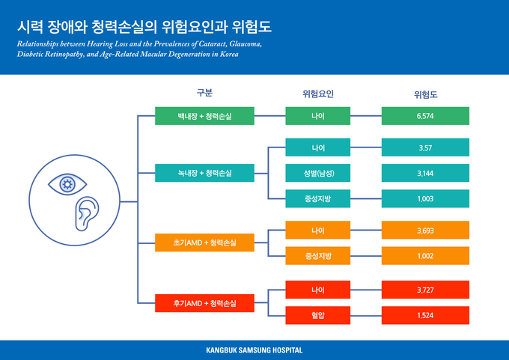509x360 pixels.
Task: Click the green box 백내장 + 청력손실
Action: point(204,116)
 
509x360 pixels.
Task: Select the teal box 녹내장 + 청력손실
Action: point(204,173)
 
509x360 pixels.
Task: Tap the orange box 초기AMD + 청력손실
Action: point(204,242)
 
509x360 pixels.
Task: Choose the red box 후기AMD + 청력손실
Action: point(204,303)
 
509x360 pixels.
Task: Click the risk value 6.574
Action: point(425,116)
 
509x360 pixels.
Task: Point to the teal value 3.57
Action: point(425,147)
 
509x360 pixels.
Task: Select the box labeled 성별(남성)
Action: point(318,173)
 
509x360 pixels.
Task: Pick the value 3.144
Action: point(425,173)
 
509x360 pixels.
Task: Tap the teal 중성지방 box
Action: point(318,198)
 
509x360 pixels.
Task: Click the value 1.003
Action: point(425,198)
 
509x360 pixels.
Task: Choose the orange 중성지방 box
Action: point(318,256)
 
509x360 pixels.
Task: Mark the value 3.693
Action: point(425,231)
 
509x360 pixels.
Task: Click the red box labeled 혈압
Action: point(318,315)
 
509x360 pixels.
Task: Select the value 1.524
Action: point(425,315)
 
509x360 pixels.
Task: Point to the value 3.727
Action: point(425,290)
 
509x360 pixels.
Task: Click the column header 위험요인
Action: point(318,94)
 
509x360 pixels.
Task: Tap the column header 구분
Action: point(204,93)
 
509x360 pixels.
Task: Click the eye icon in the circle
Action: point(67,184)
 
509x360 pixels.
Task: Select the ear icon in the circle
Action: point(87,214)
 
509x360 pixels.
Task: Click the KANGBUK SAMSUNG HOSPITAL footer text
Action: point(254,350)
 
